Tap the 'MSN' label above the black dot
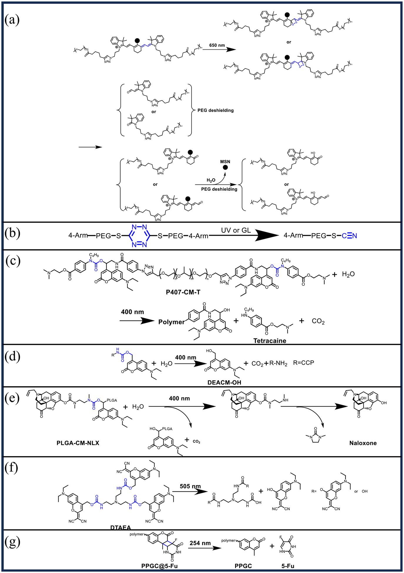(x=225, y=162)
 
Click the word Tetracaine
(x=270, y=341)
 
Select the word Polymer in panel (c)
(x=172, y=322)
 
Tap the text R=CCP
(x=304, y=363)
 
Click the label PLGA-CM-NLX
(x=78, y=443)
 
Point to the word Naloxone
(x=363, y=443)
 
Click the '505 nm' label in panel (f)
(x=190, y=486)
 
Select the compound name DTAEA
(x=121, y=528)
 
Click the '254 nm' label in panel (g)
(x=200, y=543)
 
